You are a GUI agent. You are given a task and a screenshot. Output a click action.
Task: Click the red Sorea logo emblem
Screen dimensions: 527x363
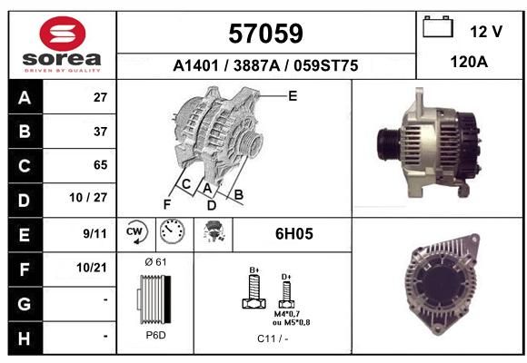coord(63,34)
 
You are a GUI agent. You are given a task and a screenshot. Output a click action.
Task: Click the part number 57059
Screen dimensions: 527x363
coord(265,34)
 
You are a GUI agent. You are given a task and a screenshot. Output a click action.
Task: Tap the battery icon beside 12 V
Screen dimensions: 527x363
coord(438,26)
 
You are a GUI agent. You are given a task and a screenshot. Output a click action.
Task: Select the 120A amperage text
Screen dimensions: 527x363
coord(469,62)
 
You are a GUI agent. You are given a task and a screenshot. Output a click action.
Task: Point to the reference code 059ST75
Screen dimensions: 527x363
coord(325,65)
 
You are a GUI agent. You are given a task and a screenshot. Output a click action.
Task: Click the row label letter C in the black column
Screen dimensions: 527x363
coord(25,166)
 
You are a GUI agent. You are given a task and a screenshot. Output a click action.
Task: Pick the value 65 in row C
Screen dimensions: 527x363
coord(101,165)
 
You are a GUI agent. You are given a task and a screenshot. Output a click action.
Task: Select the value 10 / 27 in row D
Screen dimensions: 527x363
coord(88,198)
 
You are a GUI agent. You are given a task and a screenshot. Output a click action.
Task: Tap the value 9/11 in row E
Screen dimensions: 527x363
coord(94,233)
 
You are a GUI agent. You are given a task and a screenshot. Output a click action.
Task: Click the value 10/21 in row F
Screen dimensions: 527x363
coord(92,268)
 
